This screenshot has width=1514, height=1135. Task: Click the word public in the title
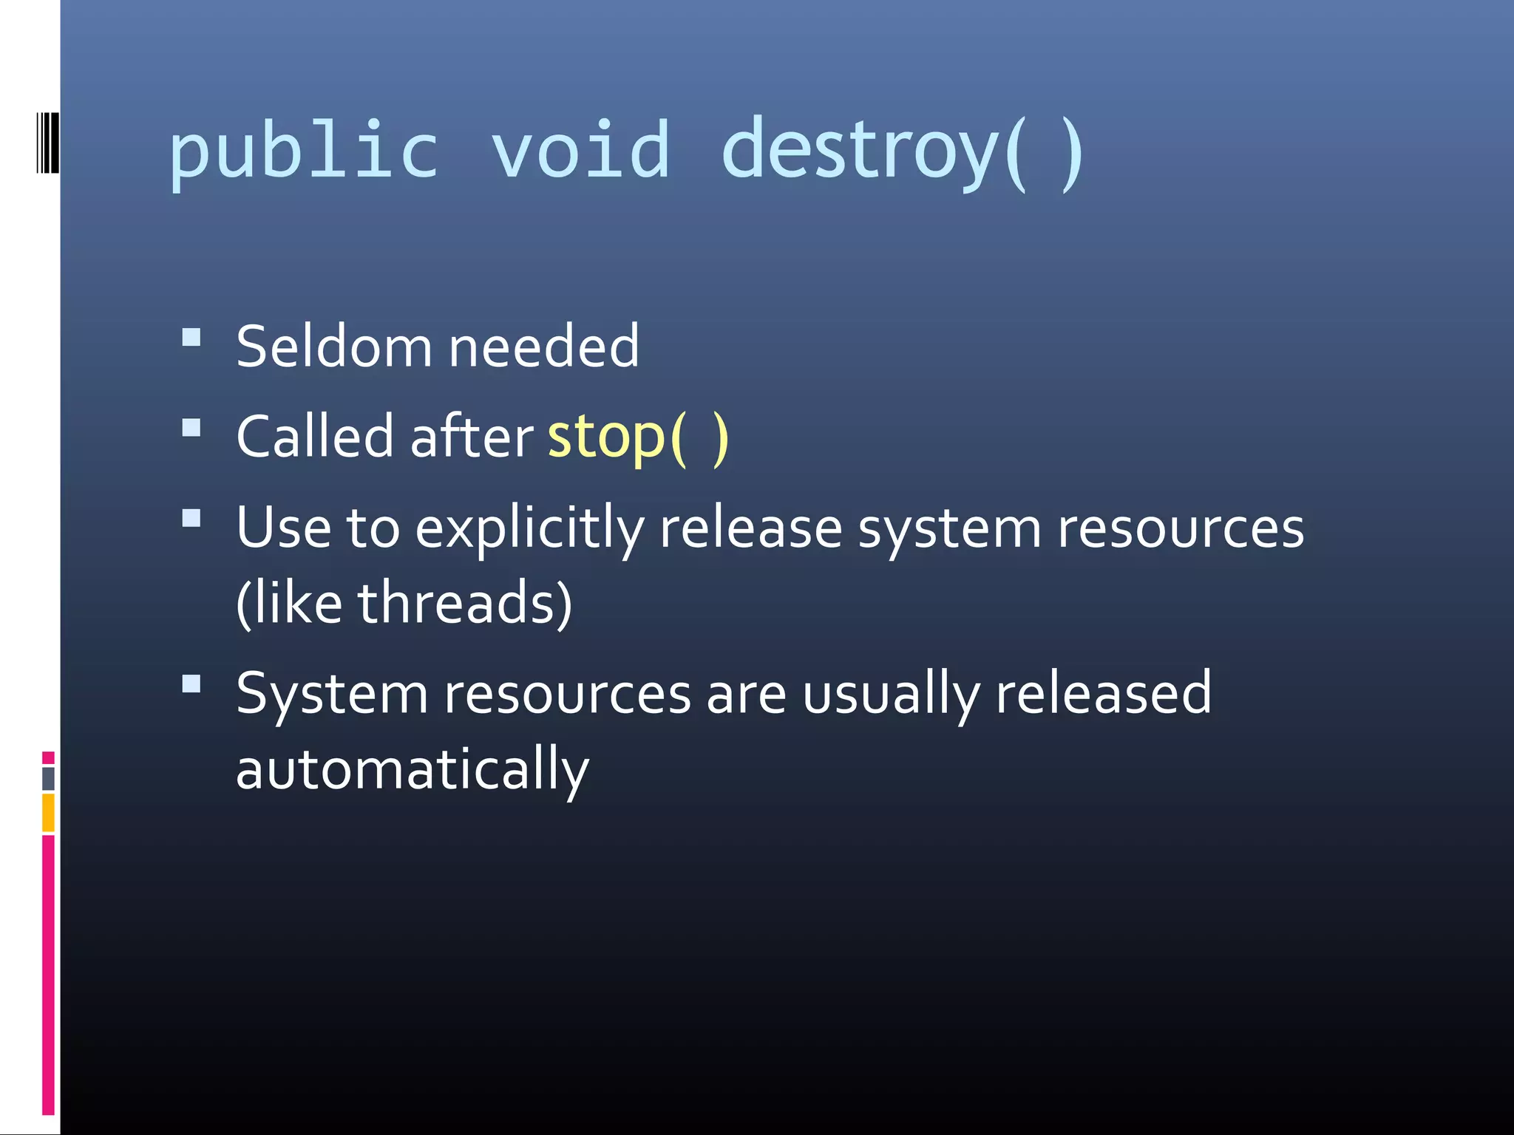coord(304,152)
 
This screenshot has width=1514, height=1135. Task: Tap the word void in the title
coord(580,152)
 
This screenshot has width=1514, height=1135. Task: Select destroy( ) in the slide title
coord(902,152)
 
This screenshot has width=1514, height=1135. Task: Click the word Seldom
coord(333,347)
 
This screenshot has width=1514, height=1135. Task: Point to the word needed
coord(543,347)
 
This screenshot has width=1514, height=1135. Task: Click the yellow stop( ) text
coord(637,437)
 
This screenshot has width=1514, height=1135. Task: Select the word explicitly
coord(529,529)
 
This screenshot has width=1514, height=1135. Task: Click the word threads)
coord(465,603)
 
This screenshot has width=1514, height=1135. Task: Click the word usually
coord(891,695)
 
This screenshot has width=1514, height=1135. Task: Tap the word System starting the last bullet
coord(332,695)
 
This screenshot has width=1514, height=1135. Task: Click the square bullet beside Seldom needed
coord(191,338)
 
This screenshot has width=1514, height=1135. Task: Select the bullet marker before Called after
coord(191,429)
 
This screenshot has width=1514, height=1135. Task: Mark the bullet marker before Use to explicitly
coord(191,518)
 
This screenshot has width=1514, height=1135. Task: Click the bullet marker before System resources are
coord(191,684)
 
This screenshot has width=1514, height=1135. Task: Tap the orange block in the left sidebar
coord(48,812)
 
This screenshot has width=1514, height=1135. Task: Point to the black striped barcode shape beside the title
coord(47,143)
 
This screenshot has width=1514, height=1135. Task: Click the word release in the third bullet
coord(750,529)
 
